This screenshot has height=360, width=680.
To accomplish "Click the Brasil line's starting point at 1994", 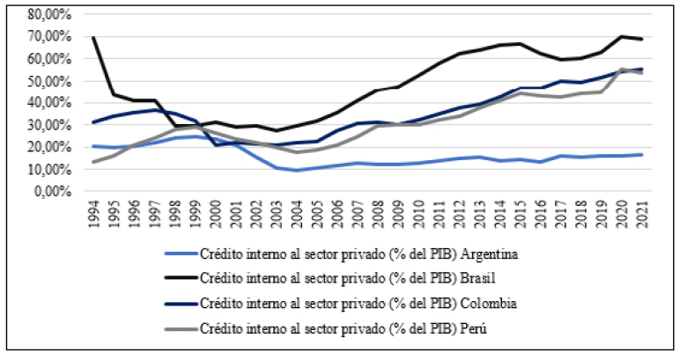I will pyautogui.click(x=94, y=38).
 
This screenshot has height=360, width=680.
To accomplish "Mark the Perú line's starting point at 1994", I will pyautogui.click(x=94, y=161).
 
